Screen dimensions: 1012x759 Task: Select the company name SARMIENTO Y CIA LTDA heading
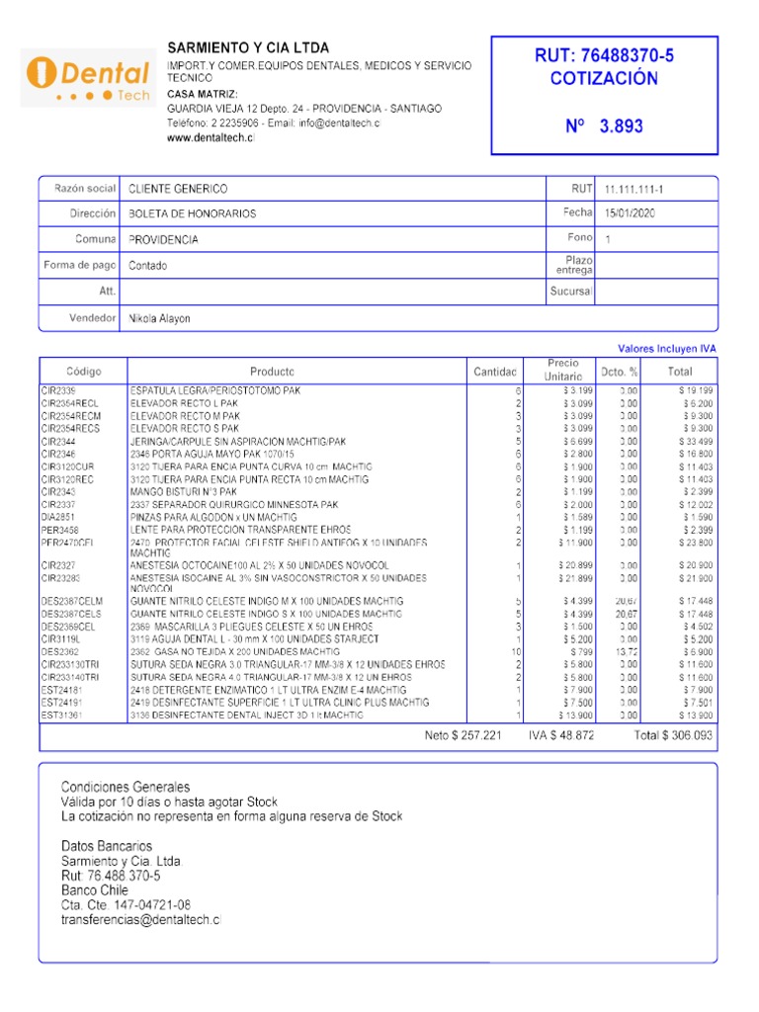coord(248,47)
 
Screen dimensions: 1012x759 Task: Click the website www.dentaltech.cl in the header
coord(211,138)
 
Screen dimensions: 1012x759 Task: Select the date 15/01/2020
coord(631,213)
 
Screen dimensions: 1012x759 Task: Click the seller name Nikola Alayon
coord(160,318)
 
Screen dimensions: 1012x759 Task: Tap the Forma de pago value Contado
coord(148,266)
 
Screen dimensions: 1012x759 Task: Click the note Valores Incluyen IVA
coord(666,349)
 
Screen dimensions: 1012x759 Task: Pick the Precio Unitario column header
coord(562,371)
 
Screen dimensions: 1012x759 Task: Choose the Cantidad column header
coord(495,372)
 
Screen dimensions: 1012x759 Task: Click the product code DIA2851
coord(58,517)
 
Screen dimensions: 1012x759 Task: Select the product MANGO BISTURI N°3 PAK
coord(184,491)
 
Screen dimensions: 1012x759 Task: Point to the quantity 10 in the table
coord(515,652)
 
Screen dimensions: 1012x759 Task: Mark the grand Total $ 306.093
coord(672,736)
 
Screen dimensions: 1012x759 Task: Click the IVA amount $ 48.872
coord(560,736)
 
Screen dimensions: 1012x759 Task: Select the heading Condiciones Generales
coord(126,787)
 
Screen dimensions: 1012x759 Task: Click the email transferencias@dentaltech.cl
coord(141,920)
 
